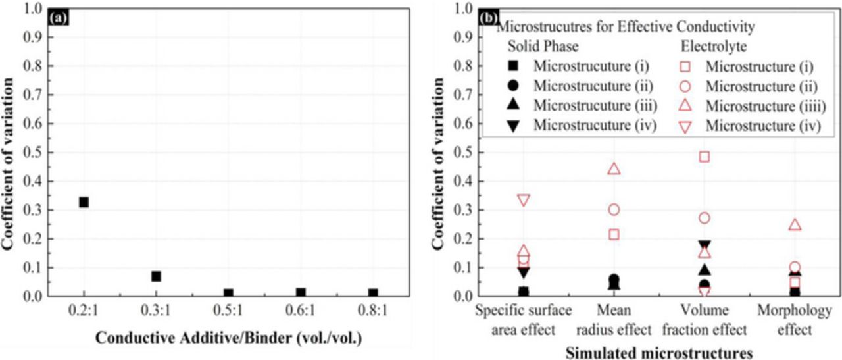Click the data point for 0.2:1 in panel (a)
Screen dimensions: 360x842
tap(84, 202)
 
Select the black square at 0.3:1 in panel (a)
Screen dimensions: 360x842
tap(156, 276)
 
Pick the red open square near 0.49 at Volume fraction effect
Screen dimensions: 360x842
tap(705, 157)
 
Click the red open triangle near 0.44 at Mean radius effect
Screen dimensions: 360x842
tap(614, 168)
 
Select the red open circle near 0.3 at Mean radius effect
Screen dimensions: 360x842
tap(614, 209)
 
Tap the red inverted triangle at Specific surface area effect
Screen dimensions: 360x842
tap(524, 200)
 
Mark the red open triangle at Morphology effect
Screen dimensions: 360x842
tap(795, 225)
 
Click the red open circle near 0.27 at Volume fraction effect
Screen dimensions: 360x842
tap(705, 218)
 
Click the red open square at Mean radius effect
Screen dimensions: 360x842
tap(614, 234)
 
